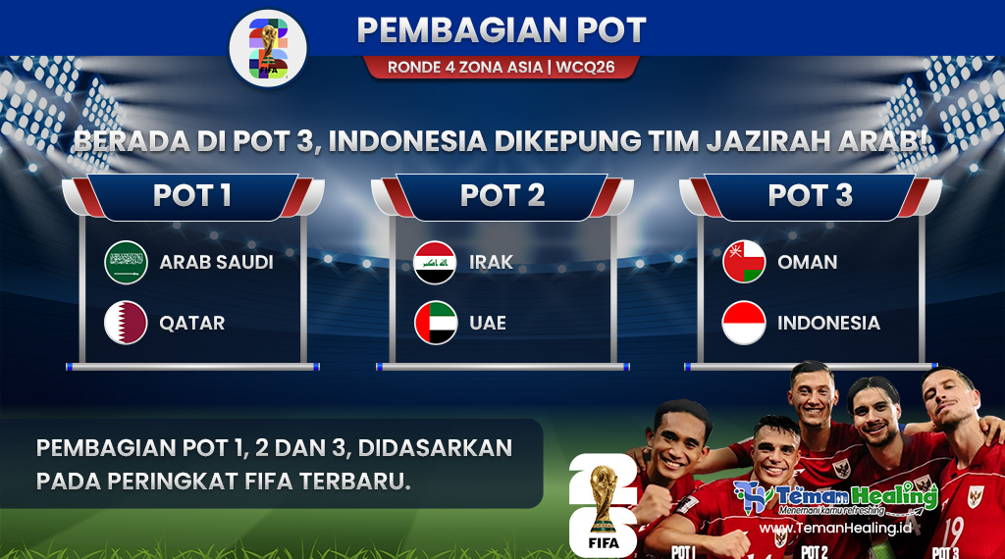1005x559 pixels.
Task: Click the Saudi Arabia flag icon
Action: pos(126,262)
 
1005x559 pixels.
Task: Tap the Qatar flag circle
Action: pos(126,323)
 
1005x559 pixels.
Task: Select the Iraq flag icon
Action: pos(435,262)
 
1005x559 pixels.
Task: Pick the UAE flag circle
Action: pos(435,323)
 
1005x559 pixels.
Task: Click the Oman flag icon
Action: pos(744,262)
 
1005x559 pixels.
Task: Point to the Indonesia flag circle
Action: pos(744,323)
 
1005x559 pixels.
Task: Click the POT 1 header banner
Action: pos(193,196)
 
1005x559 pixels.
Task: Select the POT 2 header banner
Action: pos(502,196)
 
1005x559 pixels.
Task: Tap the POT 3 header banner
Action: pos(811,196)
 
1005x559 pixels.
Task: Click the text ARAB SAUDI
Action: pos(217,262)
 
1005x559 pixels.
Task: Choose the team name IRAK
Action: pos(491,262)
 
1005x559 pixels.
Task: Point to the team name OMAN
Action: pos(808,262)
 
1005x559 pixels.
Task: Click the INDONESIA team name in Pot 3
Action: pos(828,323)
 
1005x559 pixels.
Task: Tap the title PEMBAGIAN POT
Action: pos(502,30)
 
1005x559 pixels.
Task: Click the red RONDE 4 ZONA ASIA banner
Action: pos(502,68)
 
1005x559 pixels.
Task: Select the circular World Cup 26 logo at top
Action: pos(268,48)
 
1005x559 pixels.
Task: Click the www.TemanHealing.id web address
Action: pos(835,529)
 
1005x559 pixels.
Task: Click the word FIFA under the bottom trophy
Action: pos(604,543)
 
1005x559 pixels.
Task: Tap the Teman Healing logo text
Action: pos(856,496)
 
